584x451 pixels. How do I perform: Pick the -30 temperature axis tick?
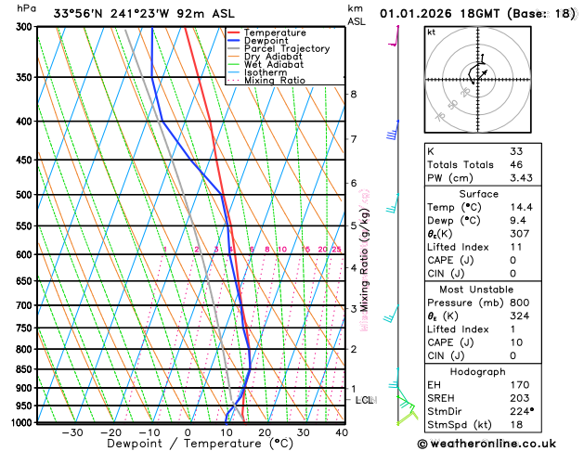click(x=72, y=432)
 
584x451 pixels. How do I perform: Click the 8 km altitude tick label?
click(x=354, y=94)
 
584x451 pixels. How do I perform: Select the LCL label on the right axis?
click(x=364, y=400)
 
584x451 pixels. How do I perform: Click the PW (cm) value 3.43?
click(x=521, y=178)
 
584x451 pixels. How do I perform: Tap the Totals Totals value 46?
click(x=515, y=164)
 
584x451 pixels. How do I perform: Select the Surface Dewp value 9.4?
click(x=516, y=221)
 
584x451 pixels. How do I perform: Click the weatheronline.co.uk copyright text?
click(x=499, y=443)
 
